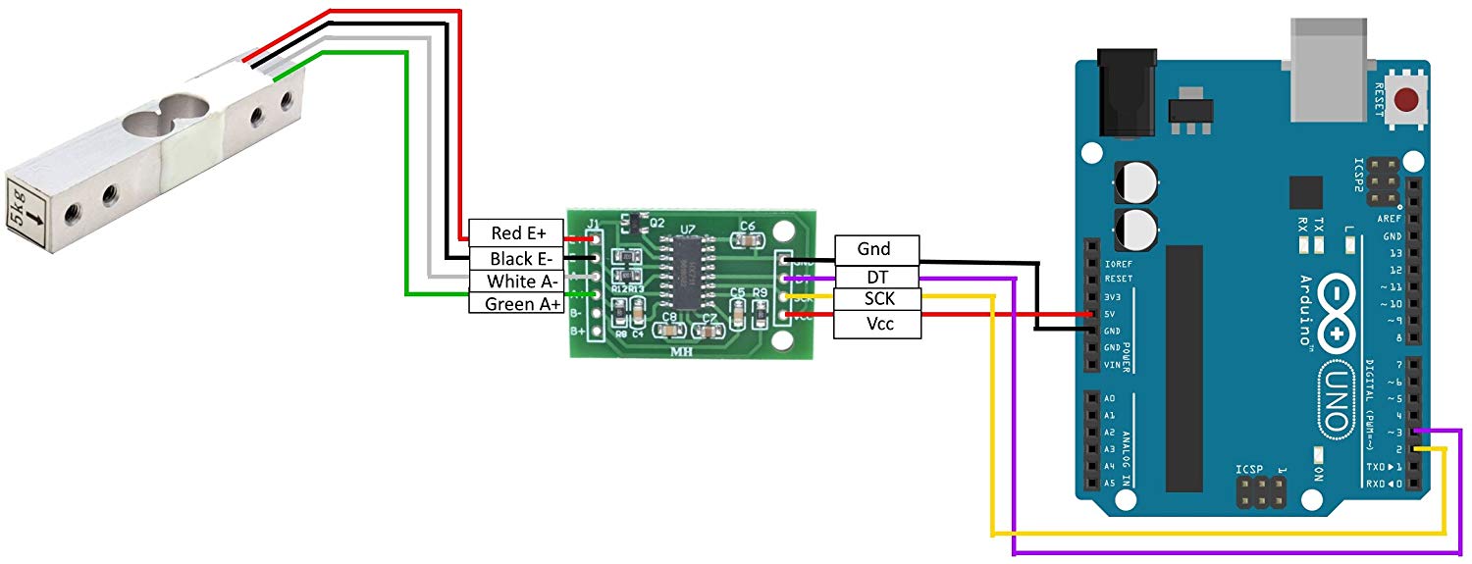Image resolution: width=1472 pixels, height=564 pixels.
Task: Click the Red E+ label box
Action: coord(518,232)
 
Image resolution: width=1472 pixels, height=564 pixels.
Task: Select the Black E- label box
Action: coord(518,258)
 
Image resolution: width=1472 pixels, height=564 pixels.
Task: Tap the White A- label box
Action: coord(518,281)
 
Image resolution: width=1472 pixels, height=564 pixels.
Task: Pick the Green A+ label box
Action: coord(518,303)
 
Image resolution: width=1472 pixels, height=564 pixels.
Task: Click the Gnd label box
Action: coord(876,249)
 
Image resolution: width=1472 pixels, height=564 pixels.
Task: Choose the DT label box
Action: coord(876,278)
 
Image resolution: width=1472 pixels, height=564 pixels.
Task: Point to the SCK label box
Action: coord(876,298)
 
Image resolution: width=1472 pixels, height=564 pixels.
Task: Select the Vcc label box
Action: coord(876,324)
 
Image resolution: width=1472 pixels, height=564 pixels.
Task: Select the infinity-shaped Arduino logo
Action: coord(1338,312)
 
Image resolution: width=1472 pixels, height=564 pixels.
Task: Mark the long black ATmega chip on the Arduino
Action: coord(1183,368)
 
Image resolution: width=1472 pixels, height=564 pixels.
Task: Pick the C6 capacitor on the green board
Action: coord(747,236)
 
